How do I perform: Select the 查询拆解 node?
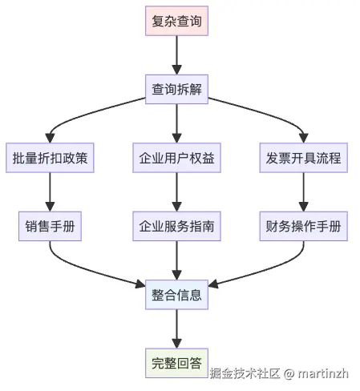(x=176, y=89)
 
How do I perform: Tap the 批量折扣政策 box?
(x=51, y=158)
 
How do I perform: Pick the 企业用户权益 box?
(x=176, y=158)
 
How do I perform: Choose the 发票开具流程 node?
(x=303, y=158)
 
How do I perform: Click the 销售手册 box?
(x=51, y=227)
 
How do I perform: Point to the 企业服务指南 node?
(x=176, y=227)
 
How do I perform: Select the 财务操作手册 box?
(x=303, y=227)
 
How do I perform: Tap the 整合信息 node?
(x=176, y=296)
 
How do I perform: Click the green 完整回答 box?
(x=176, y=364)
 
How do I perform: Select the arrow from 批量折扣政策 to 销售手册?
(x=51, y=192)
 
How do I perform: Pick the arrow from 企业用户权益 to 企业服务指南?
(x=176, y=192)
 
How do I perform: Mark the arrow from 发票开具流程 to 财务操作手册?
(x=303, y=192)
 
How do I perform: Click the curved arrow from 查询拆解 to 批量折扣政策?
(x=80, y=112)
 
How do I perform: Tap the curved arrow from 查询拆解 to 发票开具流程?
(x=273, y=112)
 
